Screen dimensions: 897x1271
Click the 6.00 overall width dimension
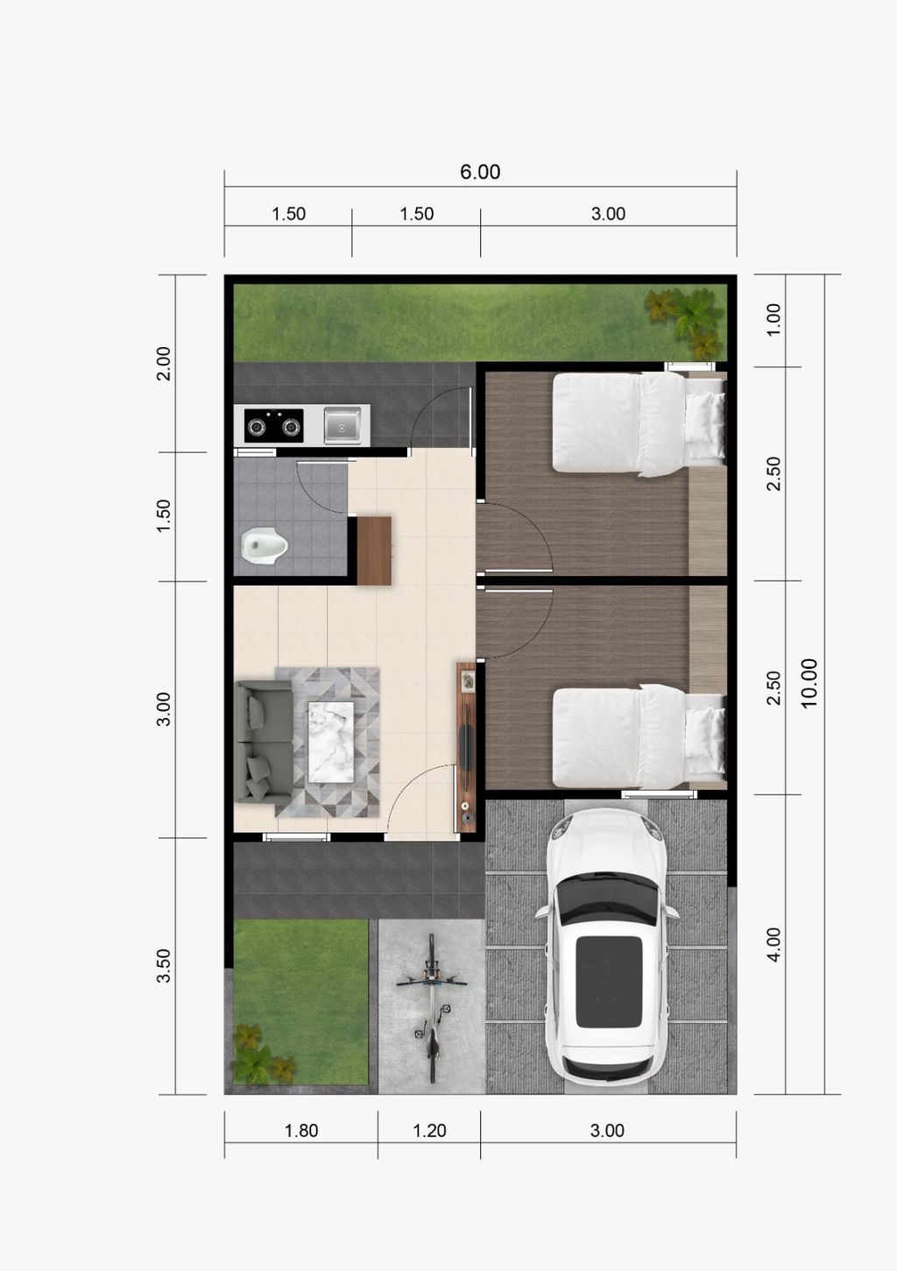click(x=480, y=172)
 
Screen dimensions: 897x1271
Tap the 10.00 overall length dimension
click(x=809, y=683)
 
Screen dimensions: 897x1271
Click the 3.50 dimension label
click(x=164, y=966)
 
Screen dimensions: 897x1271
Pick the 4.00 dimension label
click(x=773, y=945)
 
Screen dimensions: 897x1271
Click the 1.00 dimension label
click(x=773, y=319)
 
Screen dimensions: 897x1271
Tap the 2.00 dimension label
click(x=164, y=363)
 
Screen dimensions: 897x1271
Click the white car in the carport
click(x=607, y=946)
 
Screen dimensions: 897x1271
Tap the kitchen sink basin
click(x=342, y=425)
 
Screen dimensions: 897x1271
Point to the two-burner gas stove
click(x=274, y=425)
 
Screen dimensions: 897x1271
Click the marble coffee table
click(x=330, y=742)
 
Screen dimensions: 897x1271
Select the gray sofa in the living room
click(x=264, y=742)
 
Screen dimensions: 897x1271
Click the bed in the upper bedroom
click(x=639, y=422)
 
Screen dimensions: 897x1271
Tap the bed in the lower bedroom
click(x=639, y=736)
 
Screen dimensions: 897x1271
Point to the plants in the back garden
click(x=685, y=320)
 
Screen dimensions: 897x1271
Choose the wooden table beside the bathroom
click(x=374, y=550)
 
